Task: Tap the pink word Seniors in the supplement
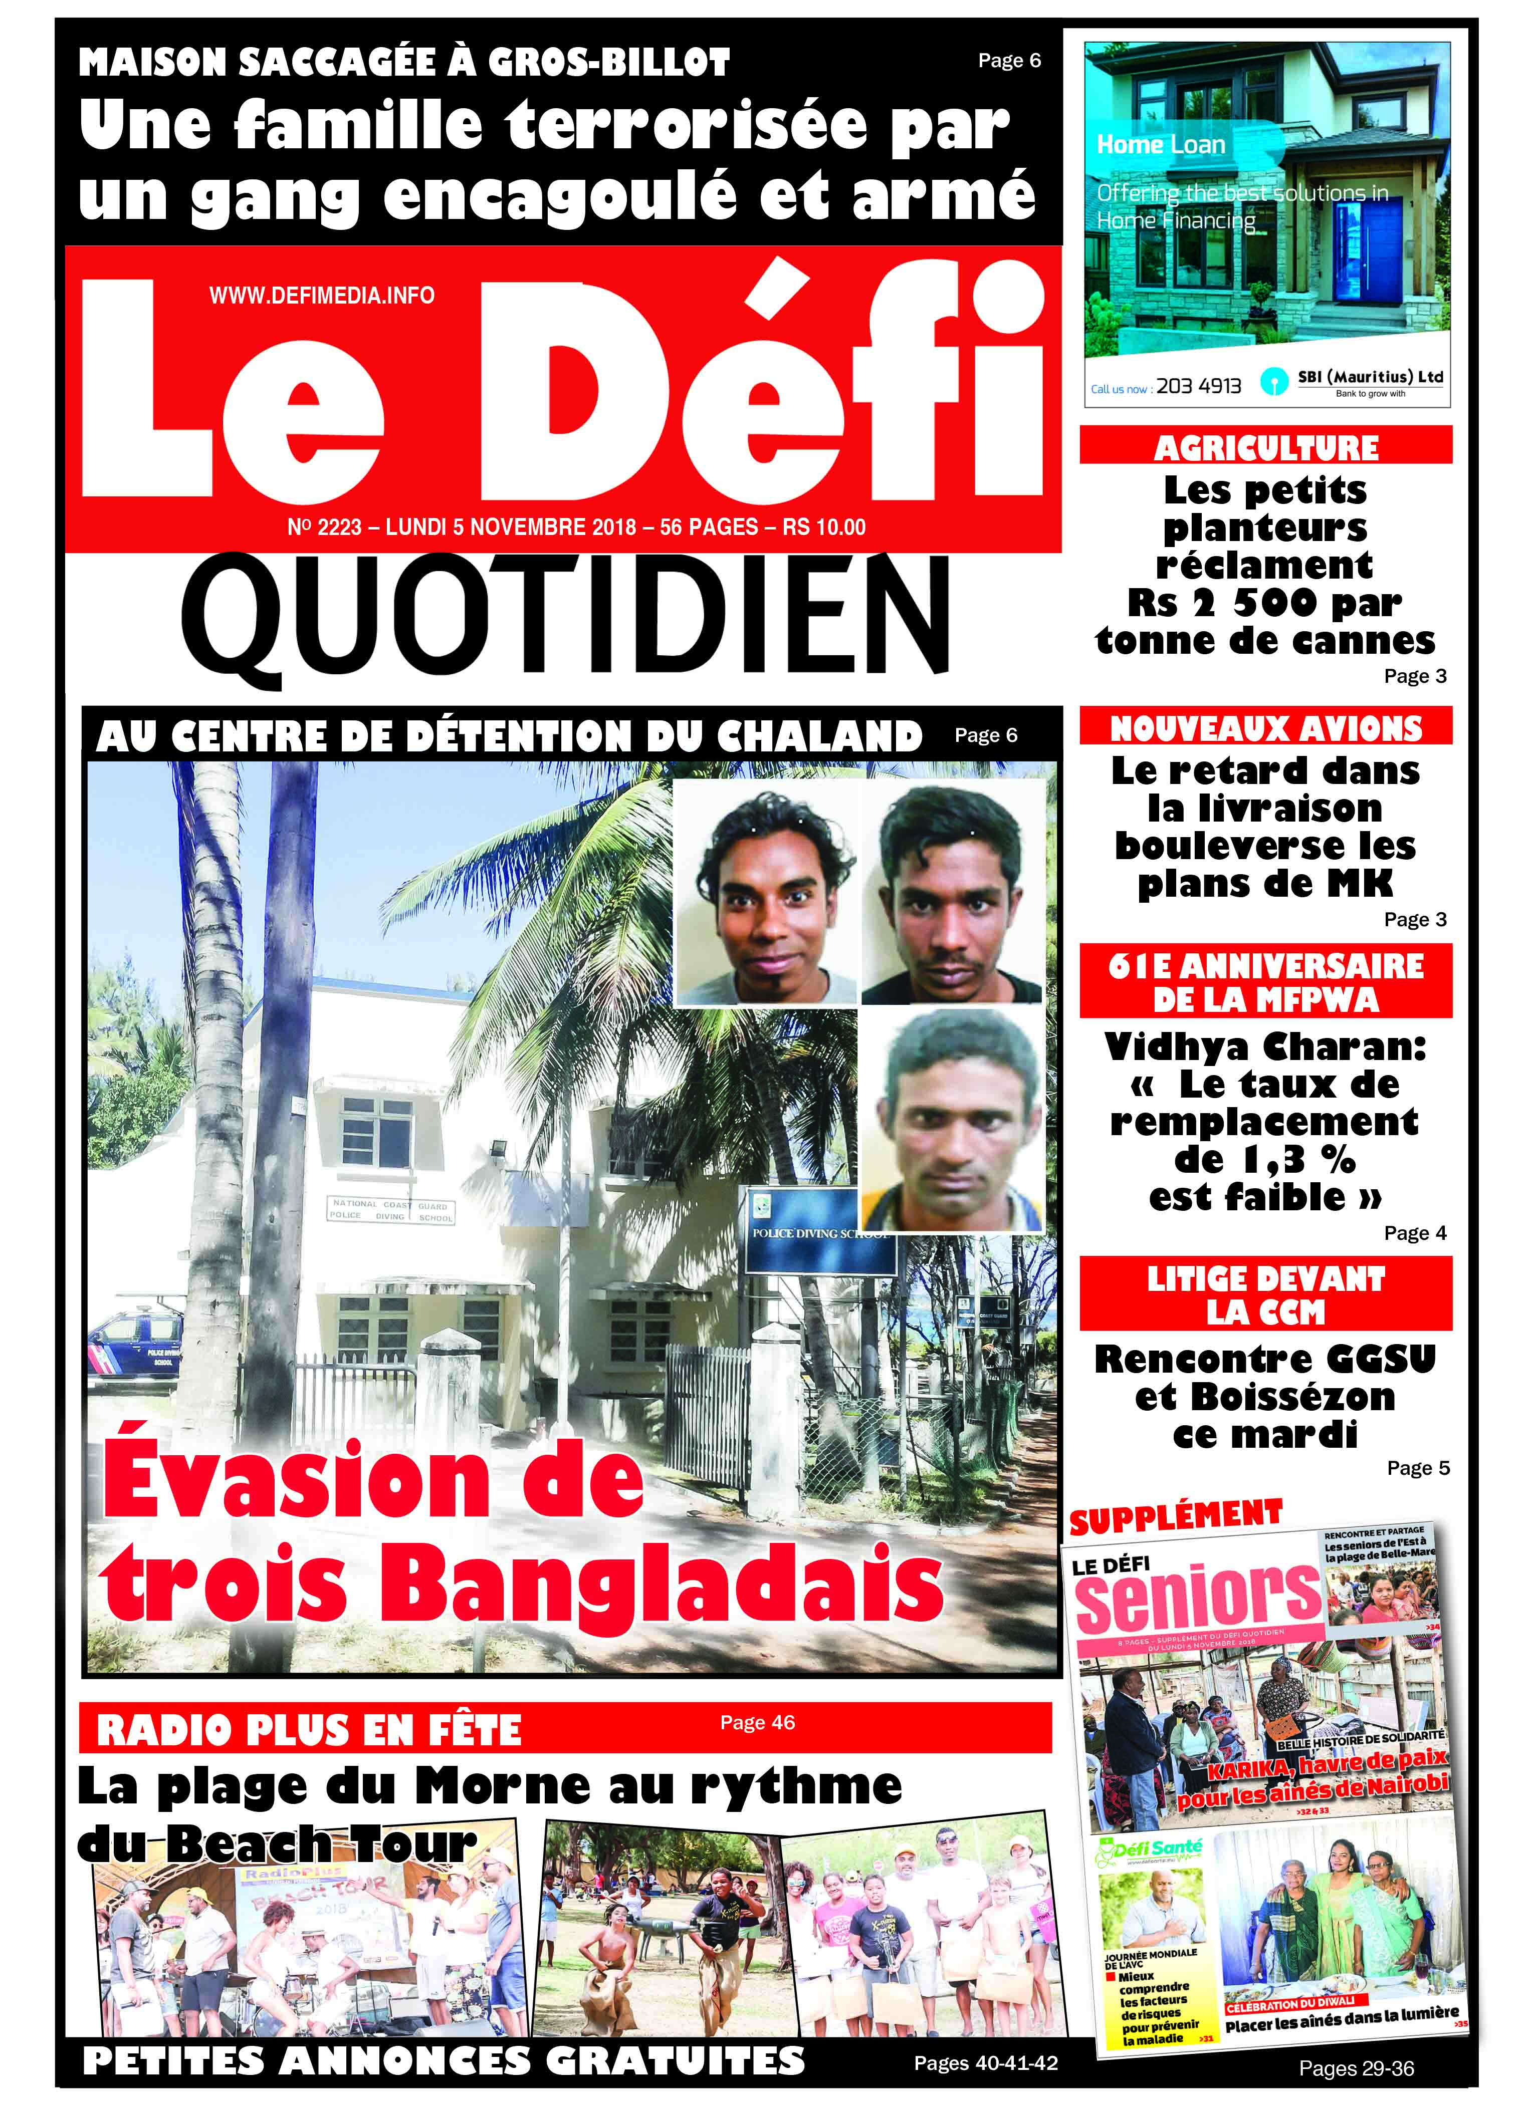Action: click(x=1197, y=1596)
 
